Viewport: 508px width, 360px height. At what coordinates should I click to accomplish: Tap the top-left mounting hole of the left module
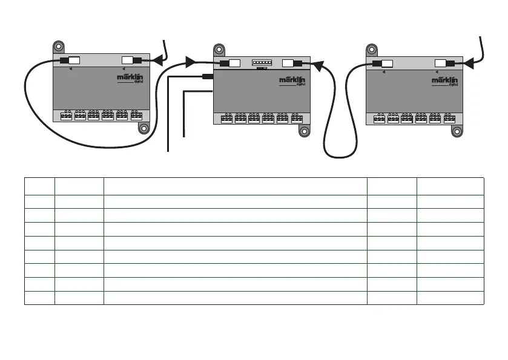pos(59,46)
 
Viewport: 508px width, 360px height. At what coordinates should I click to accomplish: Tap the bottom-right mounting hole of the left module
pos(143,128)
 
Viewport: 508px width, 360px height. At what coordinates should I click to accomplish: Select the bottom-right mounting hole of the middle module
pos(306,131)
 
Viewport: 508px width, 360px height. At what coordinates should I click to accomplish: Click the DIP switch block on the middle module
pos(262,63)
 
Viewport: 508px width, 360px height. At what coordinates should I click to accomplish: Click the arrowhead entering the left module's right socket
pos(157,61)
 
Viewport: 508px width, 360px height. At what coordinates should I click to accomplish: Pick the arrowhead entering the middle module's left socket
pos(190,62)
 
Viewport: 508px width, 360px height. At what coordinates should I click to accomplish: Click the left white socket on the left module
pos(73,61)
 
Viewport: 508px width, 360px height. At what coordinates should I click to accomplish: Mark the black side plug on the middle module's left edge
pos(207,76)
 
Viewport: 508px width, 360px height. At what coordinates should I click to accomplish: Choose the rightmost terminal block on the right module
pos(449,119)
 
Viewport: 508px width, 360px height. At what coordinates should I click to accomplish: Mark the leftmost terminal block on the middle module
pos(226,119)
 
